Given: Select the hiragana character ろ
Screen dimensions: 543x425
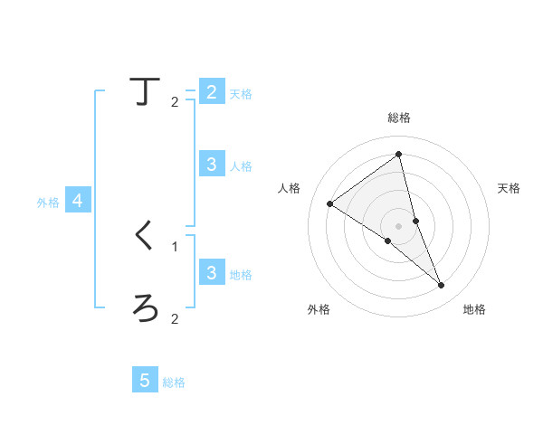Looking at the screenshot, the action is pyautogui.click(x=145, y=308).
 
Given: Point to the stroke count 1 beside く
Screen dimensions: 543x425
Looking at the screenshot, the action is pyautogui.click(x=175, y=246).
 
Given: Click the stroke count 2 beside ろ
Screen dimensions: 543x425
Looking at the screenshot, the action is pyautogui.click(x=175, y=318).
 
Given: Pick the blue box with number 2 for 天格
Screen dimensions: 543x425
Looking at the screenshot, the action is pyautogui.click(x=211, y=92).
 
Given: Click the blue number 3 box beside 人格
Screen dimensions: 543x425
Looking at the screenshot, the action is pyautogui.click(x=211, y=164).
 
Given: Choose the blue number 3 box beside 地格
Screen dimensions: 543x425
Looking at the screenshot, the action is pyautogui.click(x=211, y=272).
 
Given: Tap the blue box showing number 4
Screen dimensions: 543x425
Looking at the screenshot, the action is pyautogui.click(x=78, y=201).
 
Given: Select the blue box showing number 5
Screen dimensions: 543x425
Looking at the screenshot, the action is pyautogui.click(x=145, y=381).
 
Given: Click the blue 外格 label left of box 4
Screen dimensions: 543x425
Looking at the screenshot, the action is pyautogui.click(x=48, y=203).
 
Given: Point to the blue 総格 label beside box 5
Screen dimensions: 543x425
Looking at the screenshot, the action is pyautogui.click(x=174, y=382).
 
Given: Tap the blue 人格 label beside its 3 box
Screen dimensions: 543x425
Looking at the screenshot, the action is pyautogui.click(x=241, y=166).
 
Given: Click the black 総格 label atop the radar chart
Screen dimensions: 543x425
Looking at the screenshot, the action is pyautogui.click(x=399, y=118).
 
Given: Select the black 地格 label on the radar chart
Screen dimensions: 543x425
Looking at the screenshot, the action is pyautogui.click(x=474, y=310).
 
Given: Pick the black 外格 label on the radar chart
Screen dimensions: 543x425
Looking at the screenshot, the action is pyautogui.click(x=319, y=310).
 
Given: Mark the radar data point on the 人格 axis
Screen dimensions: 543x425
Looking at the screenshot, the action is pyautogui.click(x=330, y=204).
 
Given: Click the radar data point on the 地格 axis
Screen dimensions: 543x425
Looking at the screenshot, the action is pyautogui.click(x=442, y=286).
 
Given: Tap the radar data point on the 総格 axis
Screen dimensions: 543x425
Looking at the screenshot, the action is pyautogui.click(x=399, y=154).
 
